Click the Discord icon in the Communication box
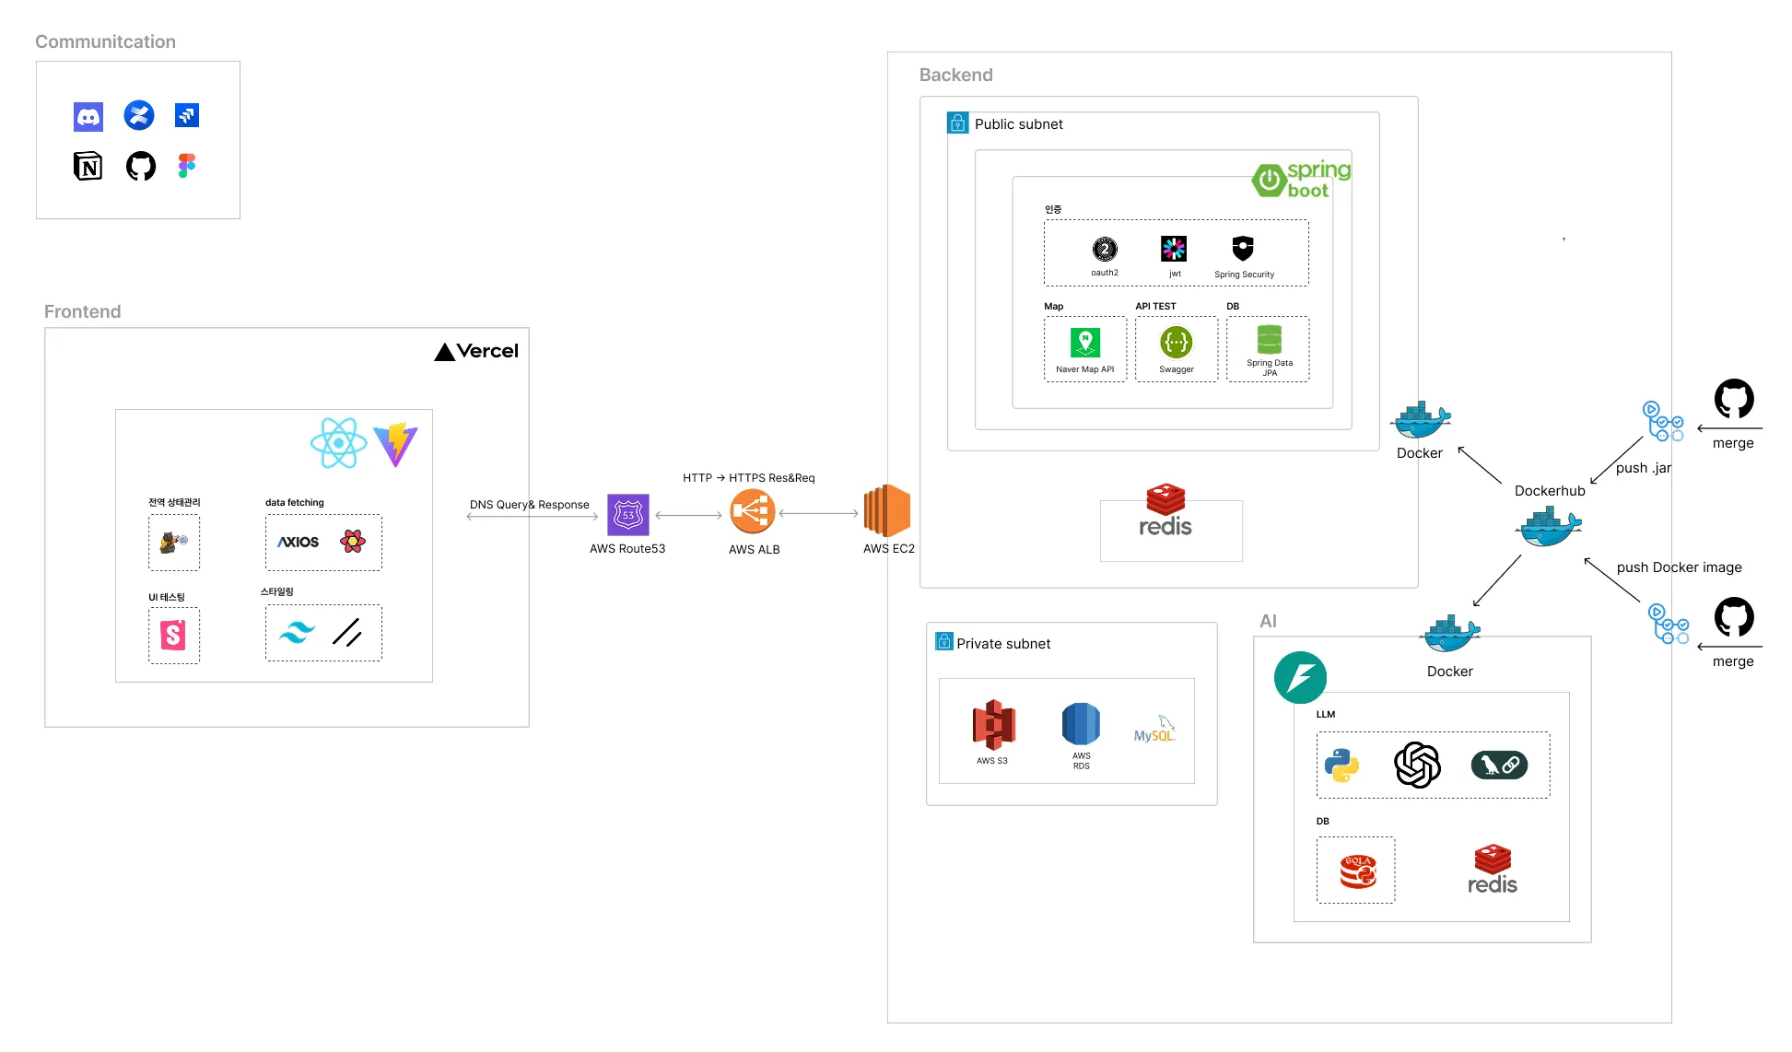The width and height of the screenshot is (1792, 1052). pyautogui.click(x=88, y=116)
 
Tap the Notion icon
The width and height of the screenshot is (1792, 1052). pyautogui.click(x=88, y=167)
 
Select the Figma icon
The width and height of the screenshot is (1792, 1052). pyautogui.click(x=187, y=166)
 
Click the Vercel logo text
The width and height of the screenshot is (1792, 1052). pyautogui.click(x=476, y=351)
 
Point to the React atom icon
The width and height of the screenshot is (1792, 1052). pyautogui.click(x=339, y=443)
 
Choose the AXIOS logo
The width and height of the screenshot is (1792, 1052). pyautogui.click(x=299, y=542)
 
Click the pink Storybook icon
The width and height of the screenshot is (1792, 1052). pyautogui.click(x=173, y=635)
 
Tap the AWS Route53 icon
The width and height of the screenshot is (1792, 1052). pyautogui.click(x=628, y=515)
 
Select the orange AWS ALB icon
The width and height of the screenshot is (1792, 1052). pyautogui.click(x=753, y=511)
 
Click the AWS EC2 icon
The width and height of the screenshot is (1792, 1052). pyautogui.click(x=887, y=511)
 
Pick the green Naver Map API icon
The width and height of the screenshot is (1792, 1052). pyautogui.click(x=1085, y=343)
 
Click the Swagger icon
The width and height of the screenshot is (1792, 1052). pyautogui.click(x=1177, y=343)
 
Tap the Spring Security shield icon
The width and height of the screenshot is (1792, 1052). pyautogui.click(x=1244, y=248)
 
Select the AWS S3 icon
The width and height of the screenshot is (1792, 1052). pyautogui.click(x=993, y=725)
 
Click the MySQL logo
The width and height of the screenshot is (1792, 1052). pyautogui.click(x=1155, y=729)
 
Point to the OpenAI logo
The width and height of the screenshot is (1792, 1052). pyautogui.click(x=1417, y=765)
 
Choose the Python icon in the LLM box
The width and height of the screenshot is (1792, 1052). pyautogui.click(x=1341, y=766)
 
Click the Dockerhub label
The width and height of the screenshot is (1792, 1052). pyautogui.click(x=1550, y=491)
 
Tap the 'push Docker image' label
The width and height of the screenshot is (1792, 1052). pyautogui.click(x=1679, y=567)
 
